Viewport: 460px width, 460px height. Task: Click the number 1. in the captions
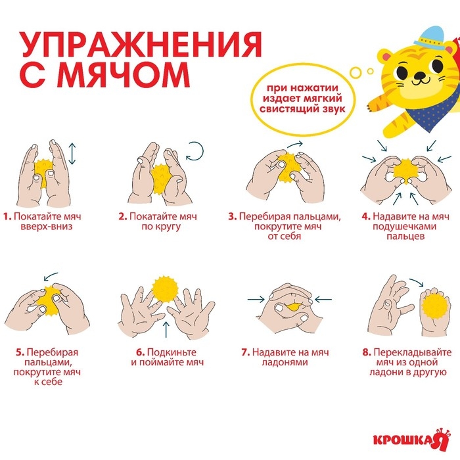coord(7,216)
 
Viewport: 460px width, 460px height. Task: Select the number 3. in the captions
coord(232,216)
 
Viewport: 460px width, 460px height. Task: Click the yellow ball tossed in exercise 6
coord(164,290)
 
